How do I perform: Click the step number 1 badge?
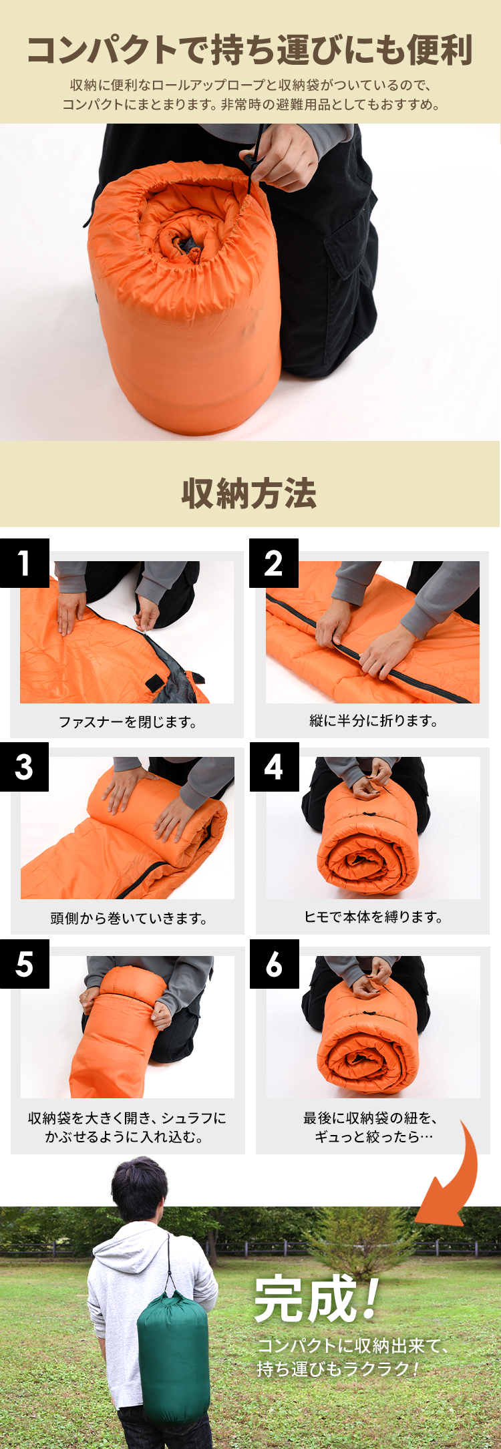coord(25,563)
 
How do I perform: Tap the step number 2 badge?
coord(274,563)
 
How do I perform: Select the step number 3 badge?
coord(25,767)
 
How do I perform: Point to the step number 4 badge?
coord(274,767)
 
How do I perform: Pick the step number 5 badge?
coord(25,964)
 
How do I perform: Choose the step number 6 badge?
coord(274,964)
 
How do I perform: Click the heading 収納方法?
coord(249,494)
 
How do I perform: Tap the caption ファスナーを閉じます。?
coord(127,721)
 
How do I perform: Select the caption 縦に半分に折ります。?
coord(373,720)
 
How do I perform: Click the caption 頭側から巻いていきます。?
coord(128,919)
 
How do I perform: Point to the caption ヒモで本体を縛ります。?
coord(373,917)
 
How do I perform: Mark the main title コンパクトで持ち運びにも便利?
coord(250,50)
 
